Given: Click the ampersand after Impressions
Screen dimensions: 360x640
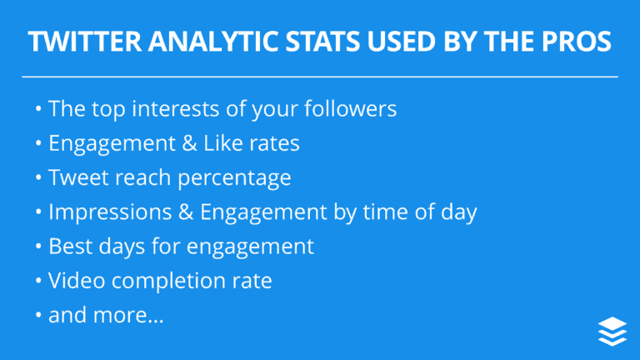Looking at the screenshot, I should point(184,212).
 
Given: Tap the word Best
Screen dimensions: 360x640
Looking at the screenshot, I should point(69,247).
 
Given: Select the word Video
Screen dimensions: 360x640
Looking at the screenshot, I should point(74,281).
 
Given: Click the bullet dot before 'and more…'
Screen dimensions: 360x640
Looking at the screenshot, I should point(38,317).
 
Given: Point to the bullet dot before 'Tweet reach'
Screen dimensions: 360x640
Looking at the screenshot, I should point(38,178).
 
